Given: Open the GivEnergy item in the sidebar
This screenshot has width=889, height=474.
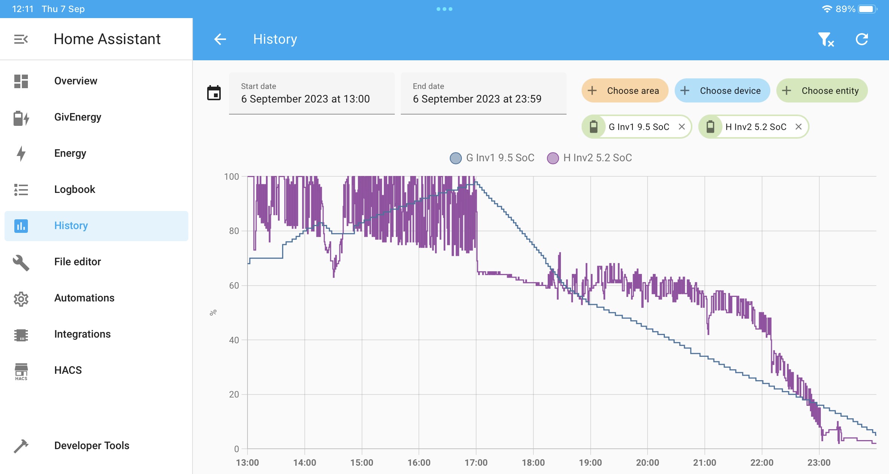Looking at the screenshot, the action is click(78, 117).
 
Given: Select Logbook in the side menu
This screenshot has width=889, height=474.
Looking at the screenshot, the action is click(75, 190).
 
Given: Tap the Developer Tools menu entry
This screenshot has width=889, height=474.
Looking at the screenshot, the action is click(92, 446).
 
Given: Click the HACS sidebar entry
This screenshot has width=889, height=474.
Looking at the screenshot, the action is click(68, 370).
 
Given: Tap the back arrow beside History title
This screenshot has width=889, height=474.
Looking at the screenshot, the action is click(220, 39).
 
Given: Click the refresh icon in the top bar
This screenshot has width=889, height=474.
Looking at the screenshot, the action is click(862, 39).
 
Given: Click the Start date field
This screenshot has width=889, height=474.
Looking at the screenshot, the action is click(312, 93).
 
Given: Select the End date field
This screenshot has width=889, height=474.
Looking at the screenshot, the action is click(484, 93).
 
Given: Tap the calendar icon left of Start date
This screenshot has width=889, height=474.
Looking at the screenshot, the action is click(214, 93).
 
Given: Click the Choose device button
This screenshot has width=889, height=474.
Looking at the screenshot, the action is click(722, 91).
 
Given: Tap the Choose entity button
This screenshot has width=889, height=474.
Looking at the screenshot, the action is click(822, 91).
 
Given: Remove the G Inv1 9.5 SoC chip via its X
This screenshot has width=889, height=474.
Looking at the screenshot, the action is click(682, 127).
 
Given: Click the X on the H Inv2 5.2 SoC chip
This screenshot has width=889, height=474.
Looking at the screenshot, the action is click(799, 127).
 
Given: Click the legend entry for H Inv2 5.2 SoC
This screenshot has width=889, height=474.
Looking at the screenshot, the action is click(590, 158).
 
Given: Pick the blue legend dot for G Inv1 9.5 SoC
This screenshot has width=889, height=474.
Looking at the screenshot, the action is click(456, 158).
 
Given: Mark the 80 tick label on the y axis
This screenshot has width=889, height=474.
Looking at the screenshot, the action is click(234, 231).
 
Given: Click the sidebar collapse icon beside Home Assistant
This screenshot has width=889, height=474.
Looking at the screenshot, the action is click(21, 39).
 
